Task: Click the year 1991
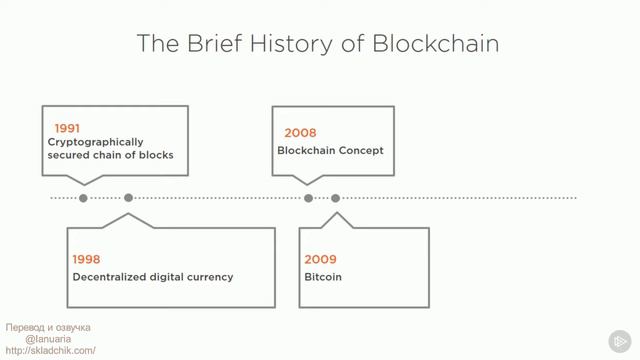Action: (x=67, y=128)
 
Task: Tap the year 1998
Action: (x=86, y=259)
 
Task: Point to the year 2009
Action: (x=320, y=259)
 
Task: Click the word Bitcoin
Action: (x=323, y=276)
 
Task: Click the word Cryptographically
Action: (x=95, y=142)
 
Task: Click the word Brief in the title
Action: (x=213, y=44)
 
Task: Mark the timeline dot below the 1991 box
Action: (x=83, y=198)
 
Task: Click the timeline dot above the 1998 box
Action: (x=128, y=198)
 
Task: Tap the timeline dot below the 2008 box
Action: (x=308, y=198)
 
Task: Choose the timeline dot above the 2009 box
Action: (x=336, y=198)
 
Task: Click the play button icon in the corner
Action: (x=620, y=339)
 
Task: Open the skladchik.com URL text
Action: (x=50, y=351)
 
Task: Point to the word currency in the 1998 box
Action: (x=210, y=276)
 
